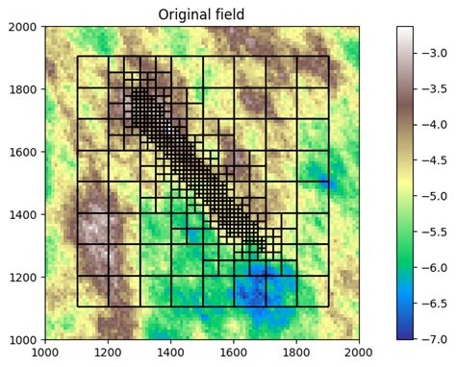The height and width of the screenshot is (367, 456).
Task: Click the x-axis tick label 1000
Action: [x=46, y=353]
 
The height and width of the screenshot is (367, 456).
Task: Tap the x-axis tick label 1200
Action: [x=109, y=353]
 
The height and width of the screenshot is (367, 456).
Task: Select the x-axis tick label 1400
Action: [x=171, y=353]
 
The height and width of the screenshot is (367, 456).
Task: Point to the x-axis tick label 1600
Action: [x=234, y=353]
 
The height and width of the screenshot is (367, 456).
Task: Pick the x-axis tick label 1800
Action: [x=296, y=353]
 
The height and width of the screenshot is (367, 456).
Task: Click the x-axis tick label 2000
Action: [x=359, y=353]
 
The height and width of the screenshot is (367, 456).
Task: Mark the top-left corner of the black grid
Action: [x=78, y=58]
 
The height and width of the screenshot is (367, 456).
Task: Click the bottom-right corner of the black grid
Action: [x=328, y=307]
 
